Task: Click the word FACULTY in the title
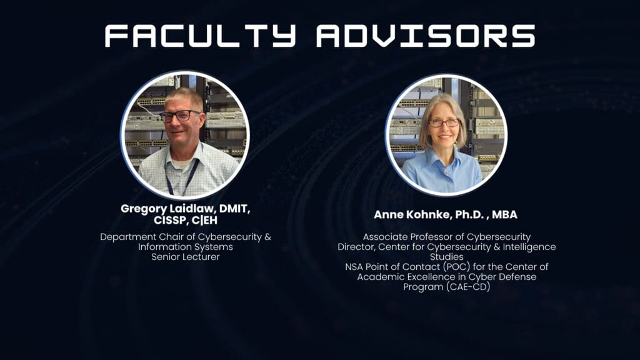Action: tap(200, 36)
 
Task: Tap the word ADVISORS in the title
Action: tap(426, 36)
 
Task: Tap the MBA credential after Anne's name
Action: tap(504, 215)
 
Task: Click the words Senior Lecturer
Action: tap(186, 257)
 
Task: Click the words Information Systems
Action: tap(185, 247)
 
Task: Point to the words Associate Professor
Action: tap(413, 237)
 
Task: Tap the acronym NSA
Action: tap(354, 267)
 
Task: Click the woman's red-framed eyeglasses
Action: tap(444, 122)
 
